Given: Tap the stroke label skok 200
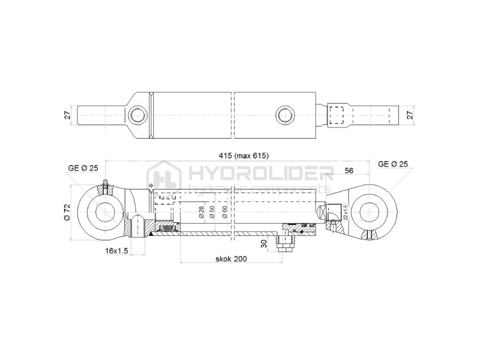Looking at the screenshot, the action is pyautogui.click(x=231, y=258).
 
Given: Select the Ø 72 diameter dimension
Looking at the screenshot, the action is pyautogui.click(x=67, y=212).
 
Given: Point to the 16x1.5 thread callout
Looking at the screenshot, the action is pyautogui.click(x=117, y=251).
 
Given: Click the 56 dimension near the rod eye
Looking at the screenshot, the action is pyautogui.click(x=349, y=171).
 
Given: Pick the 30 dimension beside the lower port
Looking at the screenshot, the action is pyautogui.click(x=263, y=243).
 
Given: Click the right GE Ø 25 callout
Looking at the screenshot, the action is pyautogui.click(x=393, y=164).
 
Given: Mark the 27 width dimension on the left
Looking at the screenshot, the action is pyautogui.click(x=67, y=115).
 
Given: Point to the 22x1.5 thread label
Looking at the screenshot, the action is pyautogui.click(x=346, y=212).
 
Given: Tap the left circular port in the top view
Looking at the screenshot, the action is pyautogui.click(x=138, y=115).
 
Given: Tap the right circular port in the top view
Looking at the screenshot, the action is pyautogui.click(x=284, y=115).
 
